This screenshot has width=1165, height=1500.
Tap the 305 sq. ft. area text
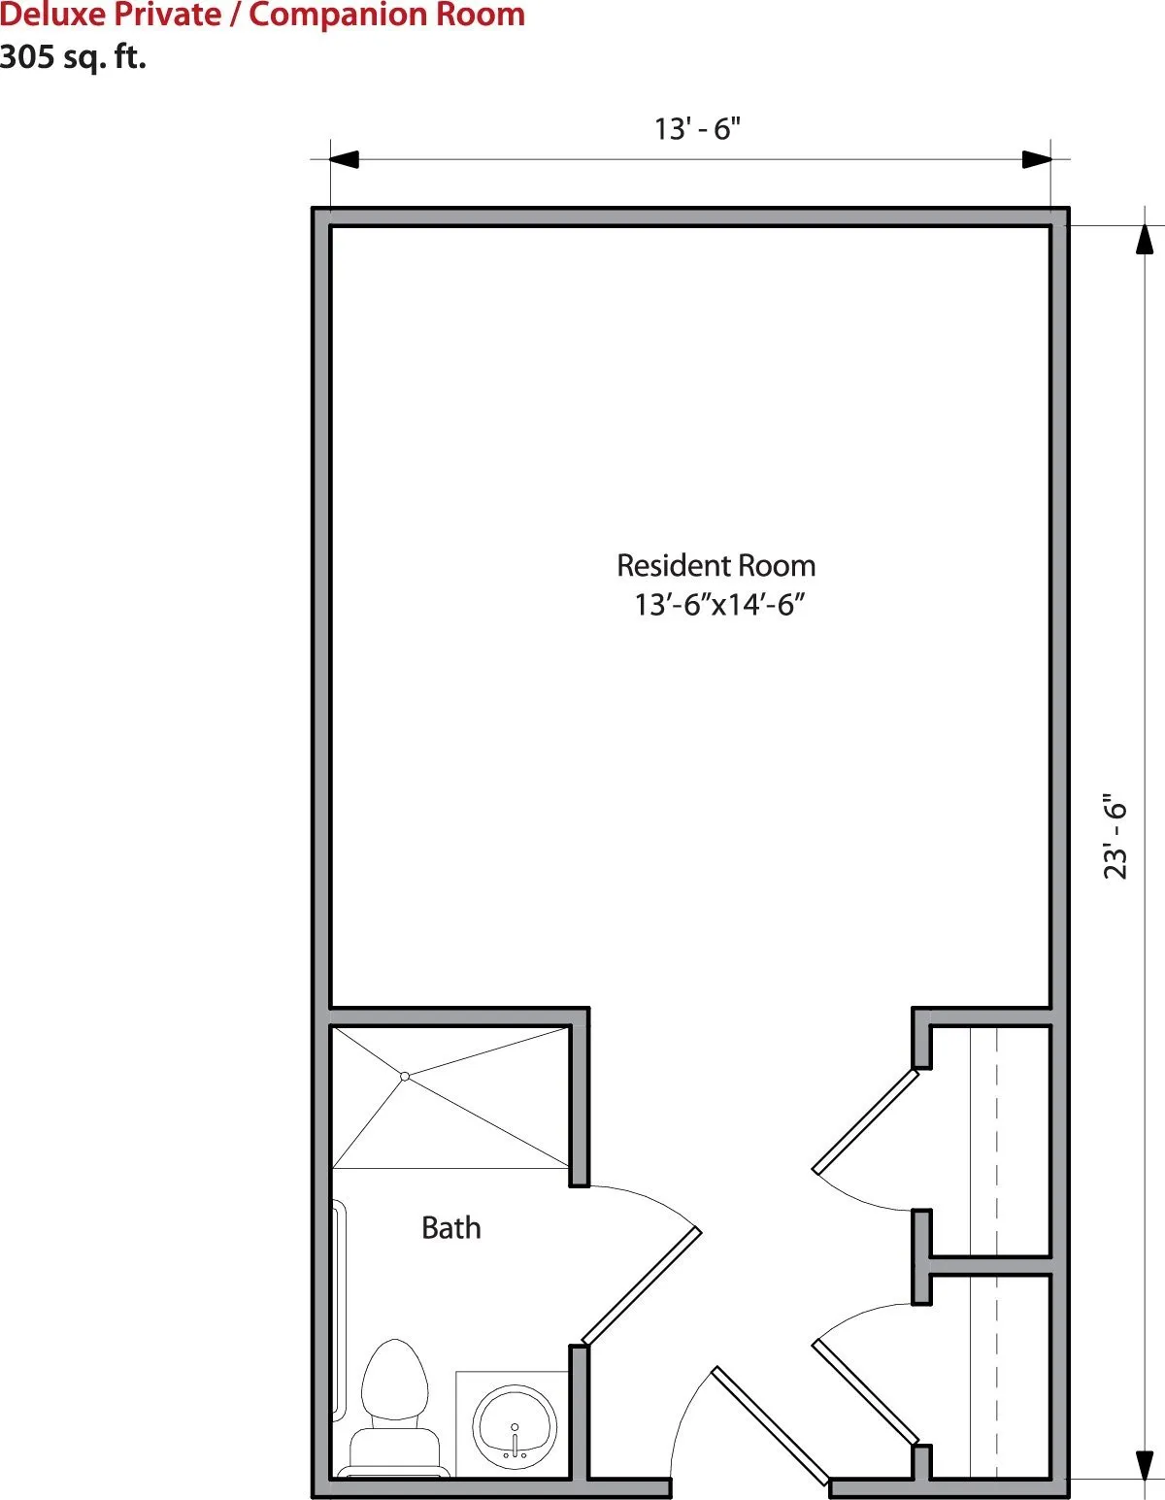point(73,56)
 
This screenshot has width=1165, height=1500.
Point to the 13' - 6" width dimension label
point(697,129)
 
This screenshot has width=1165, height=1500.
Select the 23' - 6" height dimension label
point(1115,840)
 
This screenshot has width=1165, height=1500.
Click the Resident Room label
point(716,565)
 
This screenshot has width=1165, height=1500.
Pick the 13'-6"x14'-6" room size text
point(719,605)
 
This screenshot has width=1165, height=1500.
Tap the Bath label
point(451,1228)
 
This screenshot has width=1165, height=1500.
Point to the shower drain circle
point(405,1076)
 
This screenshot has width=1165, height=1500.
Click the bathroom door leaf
point(641,1286)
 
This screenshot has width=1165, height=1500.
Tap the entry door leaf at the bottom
point(770,1425)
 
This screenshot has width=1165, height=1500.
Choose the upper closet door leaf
point(865,1121)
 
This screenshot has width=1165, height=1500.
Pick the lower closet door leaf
point(865,1393)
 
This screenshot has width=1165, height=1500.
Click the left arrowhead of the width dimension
point(344,159)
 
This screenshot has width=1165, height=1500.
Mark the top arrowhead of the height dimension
point(1145,240)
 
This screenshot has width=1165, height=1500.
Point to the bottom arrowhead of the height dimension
point(1145,1465)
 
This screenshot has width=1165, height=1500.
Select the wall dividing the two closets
point(990,1265)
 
